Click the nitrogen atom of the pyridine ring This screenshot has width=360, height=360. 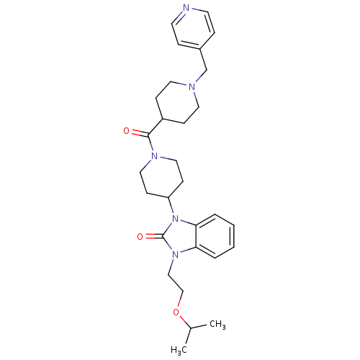(186, 8)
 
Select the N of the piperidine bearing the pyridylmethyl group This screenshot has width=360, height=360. (192, 87)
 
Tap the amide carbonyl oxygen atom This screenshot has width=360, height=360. (127, 131)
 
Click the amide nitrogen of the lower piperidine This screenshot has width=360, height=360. (155, 156)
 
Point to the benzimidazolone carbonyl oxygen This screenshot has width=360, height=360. (140, 237)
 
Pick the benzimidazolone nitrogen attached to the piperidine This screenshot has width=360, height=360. (176, 219)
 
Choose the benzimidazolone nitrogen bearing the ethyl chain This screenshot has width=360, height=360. (176, 254)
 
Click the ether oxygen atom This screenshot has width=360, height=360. (176, 312)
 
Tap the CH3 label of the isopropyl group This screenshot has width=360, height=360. (217, 325)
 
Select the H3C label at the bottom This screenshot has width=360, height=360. (179, 350)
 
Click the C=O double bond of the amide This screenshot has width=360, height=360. (140, 133)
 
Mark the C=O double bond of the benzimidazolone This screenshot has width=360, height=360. (153, 237)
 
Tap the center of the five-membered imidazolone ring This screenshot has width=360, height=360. (181, 237)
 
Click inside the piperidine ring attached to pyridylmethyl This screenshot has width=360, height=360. (178, 103)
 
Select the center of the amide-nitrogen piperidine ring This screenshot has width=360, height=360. (161, 177)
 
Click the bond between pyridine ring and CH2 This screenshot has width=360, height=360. (203, 60)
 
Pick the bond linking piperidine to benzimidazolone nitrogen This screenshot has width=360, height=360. (171, 206)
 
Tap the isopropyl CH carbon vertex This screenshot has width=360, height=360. (191, 328)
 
